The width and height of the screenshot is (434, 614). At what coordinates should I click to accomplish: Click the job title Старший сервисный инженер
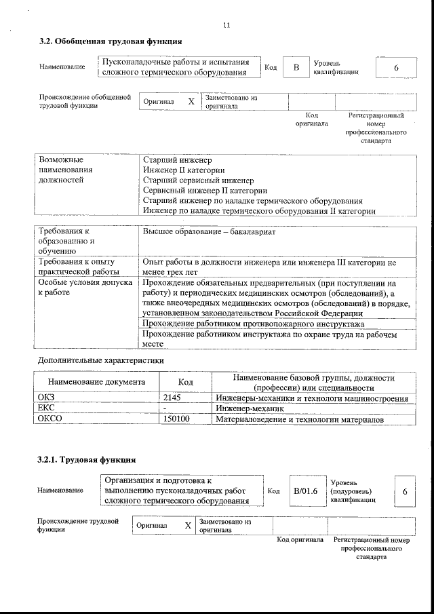tap(199, 180)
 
